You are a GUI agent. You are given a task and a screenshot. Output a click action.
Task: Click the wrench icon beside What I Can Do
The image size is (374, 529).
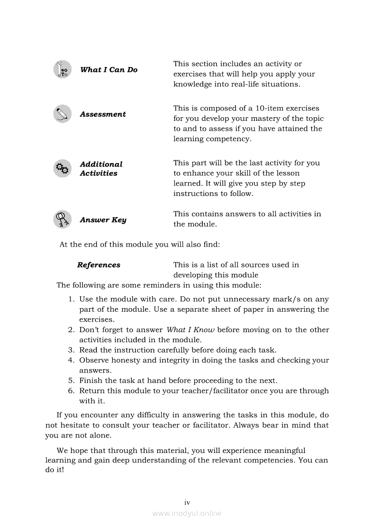point(62,69)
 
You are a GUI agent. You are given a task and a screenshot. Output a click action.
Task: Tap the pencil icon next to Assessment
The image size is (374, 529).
point(62,114)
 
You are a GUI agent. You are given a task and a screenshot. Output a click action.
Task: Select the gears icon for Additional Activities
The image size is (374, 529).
point(62,168)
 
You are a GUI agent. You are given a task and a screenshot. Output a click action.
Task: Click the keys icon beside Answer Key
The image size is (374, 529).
point(62,219)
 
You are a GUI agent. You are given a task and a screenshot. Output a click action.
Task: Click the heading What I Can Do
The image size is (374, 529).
point(109,70)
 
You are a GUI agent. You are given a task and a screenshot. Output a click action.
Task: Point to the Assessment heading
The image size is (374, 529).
point(103,114)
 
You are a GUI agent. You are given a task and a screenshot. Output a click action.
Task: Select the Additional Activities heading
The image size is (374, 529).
point(101,169)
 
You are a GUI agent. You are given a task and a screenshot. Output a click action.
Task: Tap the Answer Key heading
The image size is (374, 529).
point(103,220)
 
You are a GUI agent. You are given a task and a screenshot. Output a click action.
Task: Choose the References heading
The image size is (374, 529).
point(99,265)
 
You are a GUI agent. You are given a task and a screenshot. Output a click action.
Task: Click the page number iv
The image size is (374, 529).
point(187,502)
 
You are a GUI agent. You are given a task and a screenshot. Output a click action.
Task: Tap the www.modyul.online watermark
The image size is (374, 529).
point(187,513)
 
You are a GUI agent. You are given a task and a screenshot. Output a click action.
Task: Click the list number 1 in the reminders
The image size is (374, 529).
point(71,299)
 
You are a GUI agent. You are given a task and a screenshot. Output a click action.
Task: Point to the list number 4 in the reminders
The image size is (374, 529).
point(71,360)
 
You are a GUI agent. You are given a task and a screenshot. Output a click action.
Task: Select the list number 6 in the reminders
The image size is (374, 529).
point(71,391)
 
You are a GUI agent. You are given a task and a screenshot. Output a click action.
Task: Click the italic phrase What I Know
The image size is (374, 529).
point(190,330)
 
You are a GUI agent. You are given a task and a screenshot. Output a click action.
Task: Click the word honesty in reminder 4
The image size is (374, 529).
point(122,360)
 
